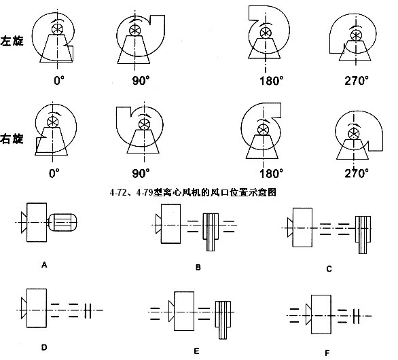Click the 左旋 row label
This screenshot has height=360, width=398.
pos(12,41)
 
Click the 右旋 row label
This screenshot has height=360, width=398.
pos(12,139)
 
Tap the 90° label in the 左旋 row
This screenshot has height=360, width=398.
pos(141,81)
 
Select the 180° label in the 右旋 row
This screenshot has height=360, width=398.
pos(271,174)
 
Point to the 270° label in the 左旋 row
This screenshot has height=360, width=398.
pos(357,81)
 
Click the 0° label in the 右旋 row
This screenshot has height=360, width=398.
pos(54,174)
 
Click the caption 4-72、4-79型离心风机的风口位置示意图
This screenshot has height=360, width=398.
pos(193,192)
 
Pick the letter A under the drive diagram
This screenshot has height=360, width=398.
pos(44,265)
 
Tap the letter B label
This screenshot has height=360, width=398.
pos(198,268)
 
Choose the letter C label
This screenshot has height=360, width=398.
pos(329,269)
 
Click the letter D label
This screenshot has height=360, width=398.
pos(44,347)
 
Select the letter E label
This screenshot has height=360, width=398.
pos(196,351)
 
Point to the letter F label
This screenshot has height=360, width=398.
pos(327,353)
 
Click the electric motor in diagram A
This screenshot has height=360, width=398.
pos(62,222)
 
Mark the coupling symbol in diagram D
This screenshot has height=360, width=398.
pos(88,310)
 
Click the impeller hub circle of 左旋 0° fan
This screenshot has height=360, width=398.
pos(57,29)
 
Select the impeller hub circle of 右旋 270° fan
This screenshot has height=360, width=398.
pos(353,134)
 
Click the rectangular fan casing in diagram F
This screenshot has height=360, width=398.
pos(321,314)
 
